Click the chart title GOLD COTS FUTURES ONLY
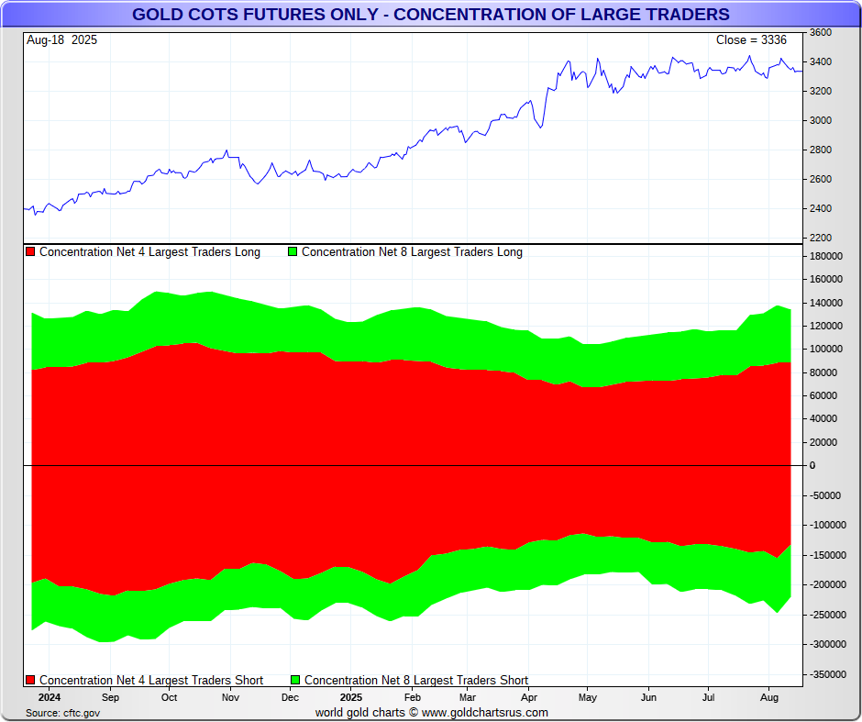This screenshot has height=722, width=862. [430, 14]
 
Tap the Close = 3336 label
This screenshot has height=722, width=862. [751, 40]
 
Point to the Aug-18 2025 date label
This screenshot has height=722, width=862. [61, 40]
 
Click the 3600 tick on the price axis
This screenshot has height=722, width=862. [821, 32]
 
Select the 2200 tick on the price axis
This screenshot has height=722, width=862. [821, 238]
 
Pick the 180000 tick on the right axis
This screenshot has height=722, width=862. [825, 256]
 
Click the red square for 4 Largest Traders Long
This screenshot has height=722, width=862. [30, 251]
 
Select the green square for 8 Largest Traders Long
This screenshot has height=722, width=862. [293, 251]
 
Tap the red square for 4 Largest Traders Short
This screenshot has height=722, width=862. [30, 680]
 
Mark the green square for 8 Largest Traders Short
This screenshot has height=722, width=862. [295, 680]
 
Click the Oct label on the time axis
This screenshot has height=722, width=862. [170, 697]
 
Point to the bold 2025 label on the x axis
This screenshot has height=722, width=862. [350, 697]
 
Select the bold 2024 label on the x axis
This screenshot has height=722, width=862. [50, 697]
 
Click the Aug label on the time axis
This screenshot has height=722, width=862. [769, 697]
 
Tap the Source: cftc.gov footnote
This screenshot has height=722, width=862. [63, 713]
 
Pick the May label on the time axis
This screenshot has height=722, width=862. [588, 697]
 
